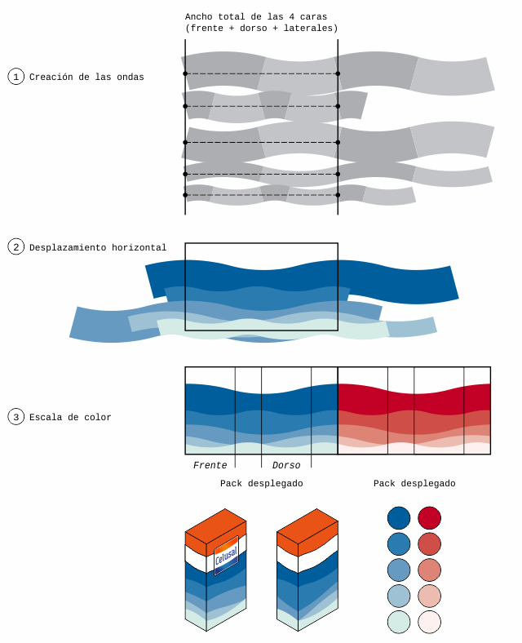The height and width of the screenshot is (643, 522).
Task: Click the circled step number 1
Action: pos(16,77)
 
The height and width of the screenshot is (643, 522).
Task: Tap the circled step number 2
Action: pos(16,246)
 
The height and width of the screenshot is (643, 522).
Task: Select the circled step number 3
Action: pos(16,417)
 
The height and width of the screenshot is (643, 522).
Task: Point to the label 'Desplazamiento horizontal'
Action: pos(98,247)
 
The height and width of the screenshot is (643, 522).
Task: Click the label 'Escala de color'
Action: pos(70,418)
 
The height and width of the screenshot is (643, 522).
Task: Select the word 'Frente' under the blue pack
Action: pos(210,466)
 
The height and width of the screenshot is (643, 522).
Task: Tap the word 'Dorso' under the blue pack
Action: pos(286,466)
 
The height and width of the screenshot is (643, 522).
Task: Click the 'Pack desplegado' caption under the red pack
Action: pos(414,484)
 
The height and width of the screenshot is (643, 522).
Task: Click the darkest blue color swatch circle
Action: pos(399,517)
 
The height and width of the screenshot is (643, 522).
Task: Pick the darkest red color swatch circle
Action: pos(430,517)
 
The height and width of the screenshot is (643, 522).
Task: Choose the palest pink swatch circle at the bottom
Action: pos(430,622)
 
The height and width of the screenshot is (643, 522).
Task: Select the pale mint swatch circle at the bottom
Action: pos(399,622)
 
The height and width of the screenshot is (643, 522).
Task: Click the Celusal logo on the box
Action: pos(225,557)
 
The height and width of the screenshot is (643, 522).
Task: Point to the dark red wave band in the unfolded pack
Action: pos(414,398)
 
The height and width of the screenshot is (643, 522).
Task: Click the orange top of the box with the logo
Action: pos(215,530)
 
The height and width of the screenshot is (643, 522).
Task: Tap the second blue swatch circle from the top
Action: pos(399,543)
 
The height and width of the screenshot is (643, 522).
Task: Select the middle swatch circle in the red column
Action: pos(430,570)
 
